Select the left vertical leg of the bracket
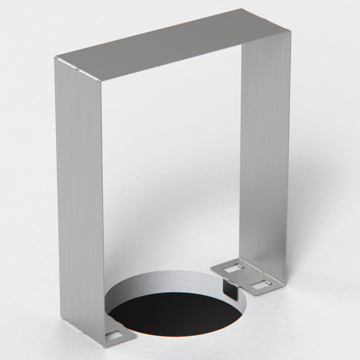(80, 187)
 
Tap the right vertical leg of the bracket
(265, 155)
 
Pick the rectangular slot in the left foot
(113, 336)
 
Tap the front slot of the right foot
(259, 285)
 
